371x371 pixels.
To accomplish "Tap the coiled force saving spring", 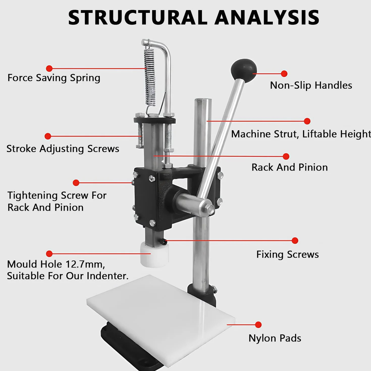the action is coord(150,77).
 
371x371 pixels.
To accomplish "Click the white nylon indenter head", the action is coord(154,255).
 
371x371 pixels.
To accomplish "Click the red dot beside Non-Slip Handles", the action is coord(284,73).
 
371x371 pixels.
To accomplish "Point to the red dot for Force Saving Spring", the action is coord(49,68).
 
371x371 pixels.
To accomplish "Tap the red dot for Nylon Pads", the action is coord(258,325).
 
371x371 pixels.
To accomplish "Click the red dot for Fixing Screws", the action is coord(295,241).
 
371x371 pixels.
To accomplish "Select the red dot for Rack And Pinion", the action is coord(286,156).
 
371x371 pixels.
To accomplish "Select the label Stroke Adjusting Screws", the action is coord(63,149).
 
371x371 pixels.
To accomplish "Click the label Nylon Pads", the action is coord(275,338).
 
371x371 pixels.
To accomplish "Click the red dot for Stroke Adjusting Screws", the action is coord(48,136).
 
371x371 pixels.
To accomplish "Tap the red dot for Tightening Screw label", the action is coord(76,183).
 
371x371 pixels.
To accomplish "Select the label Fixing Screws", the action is coord(287,254).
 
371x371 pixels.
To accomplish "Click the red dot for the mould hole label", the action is coord(49,254).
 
